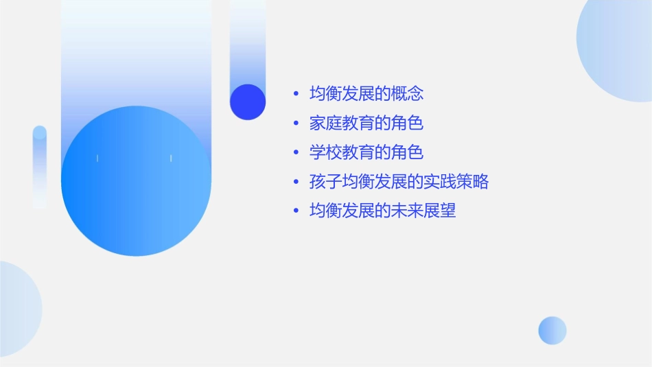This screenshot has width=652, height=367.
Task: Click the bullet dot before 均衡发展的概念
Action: [296, 94]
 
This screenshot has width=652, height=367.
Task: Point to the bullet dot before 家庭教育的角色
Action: [296, 123]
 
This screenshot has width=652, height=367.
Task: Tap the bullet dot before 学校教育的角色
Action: [296, 153]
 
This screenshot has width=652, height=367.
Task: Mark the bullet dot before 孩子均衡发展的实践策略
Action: [296, 182]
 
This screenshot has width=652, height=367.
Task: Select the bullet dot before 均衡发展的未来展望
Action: [296, 211]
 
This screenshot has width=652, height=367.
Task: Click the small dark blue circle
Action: [248, 102]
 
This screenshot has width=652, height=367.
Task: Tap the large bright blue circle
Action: [136, 182]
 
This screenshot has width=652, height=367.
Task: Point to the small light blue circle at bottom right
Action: [552, 330]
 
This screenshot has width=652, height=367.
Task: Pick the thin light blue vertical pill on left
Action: [40, 167]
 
